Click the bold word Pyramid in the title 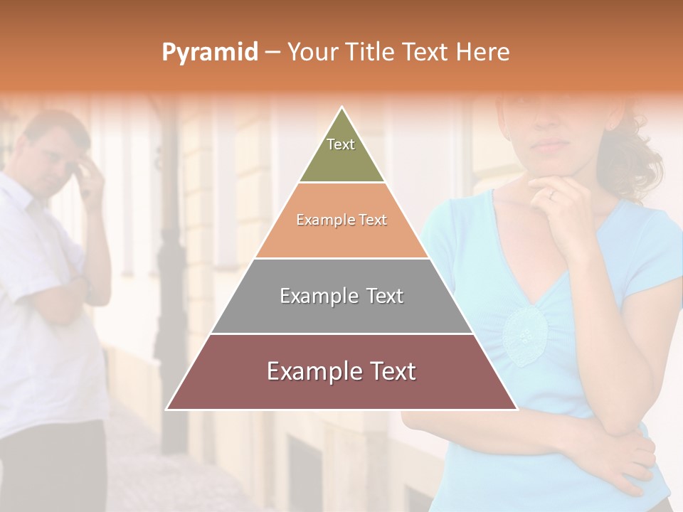tap(209, 52)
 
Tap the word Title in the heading tap(371, 52)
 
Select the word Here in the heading tap(483, 52)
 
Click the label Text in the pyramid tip tap(341, 144)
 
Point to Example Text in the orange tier tap(341, 220)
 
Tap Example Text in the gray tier tap(341, 296)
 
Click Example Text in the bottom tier tap(341, 371)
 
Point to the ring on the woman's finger tap(551, 193)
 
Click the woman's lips tap(551, 144)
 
